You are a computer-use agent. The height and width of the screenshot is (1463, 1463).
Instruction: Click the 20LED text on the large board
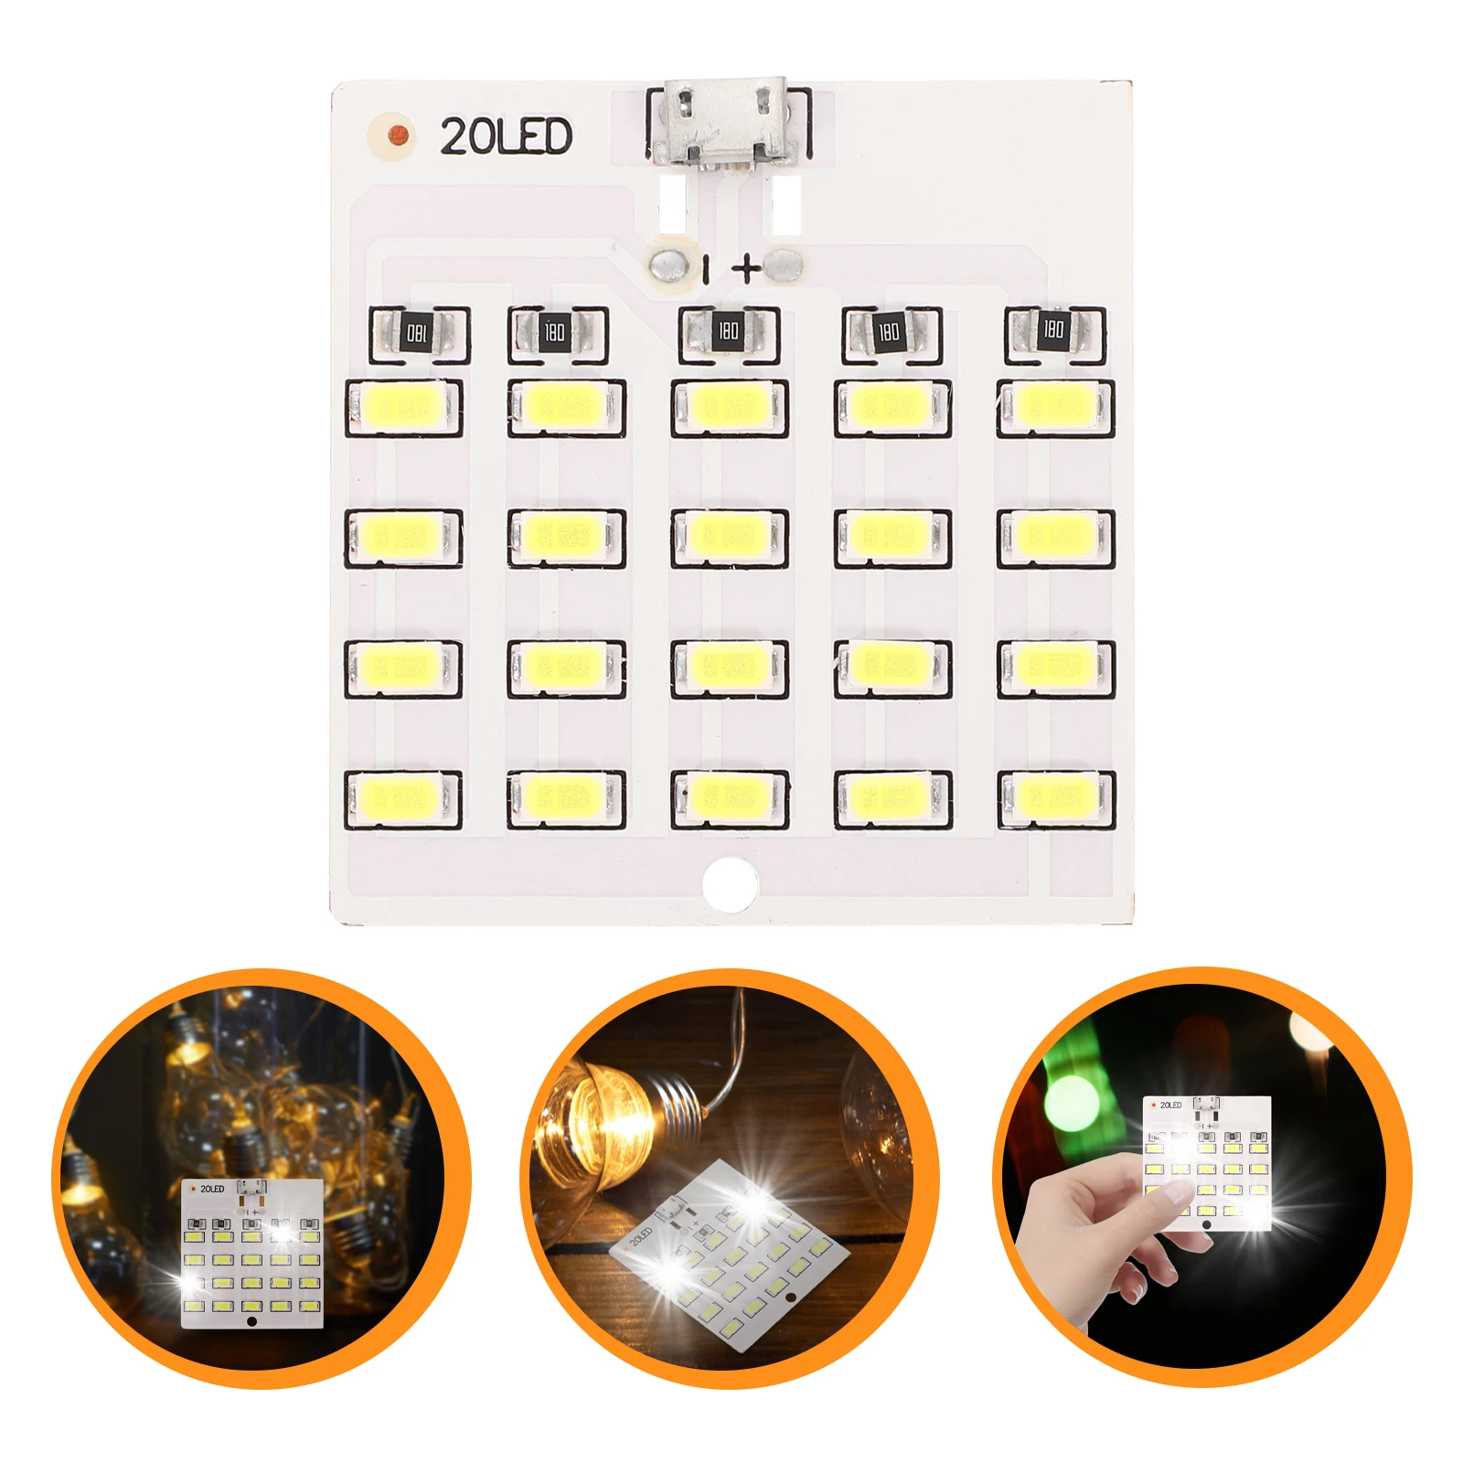tap(506, 137)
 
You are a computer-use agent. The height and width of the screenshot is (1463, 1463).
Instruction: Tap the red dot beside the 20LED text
tap(396, 136)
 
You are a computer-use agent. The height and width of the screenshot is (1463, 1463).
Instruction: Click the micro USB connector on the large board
tap(728, 123)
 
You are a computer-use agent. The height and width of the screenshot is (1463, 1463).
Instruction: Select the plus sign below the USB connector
tap(747, 268)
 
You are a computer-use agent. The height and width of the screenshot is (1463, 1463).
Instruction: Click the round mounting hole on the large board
tap(730, 883)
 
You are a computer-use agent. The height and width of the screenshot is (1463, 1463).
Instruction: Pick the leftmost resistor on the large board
tap(418, 333)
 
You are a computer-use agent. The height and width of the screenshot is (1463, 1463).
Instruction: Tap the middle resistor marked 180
tap(728, 331)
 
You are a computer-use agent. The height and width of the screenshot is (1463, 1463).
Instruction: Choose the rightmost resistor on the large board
tap(1054, 330)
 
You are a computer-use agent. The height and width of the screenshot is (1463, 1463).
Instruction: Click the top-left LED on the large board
tap(403, 407)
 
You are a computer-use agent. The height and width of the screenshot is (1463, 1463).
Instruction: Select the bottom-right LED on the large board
tap(1055, 798)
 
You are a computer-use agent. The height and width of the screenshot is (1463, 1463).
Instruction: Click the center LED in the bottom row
tap(729, 798)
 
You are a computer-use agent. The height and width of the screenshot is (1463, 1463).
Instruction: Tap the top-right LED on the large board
tap(1055, 407)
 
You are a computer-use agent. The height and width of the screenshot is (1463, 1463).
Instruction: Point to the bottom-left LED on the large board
tap(403, 798)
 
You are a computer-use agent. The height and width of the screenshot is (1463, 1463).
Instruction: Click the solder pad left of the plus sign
tap(670, 265)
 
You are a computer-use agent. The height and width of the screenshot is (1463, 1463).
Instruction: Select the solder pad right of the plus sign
tap(785, 265)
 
